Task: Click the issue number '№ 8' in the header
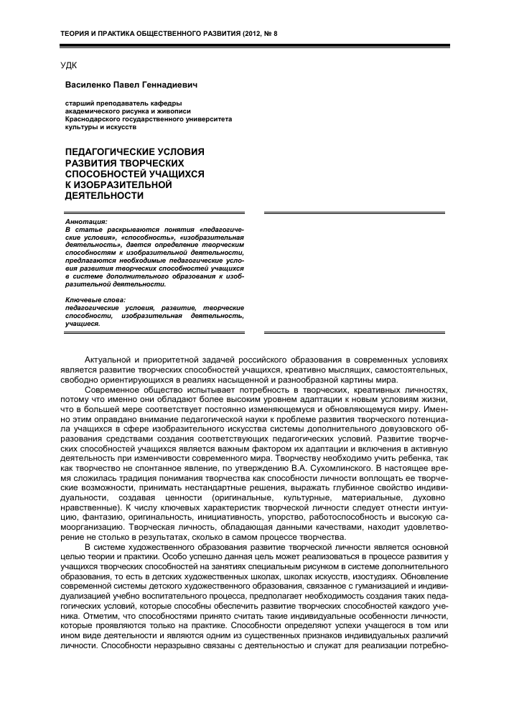click(270, 34)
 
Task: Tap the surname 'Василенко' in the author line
click(88, 83)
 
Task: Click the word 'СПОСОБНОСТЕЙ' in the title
click(108, 174)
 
